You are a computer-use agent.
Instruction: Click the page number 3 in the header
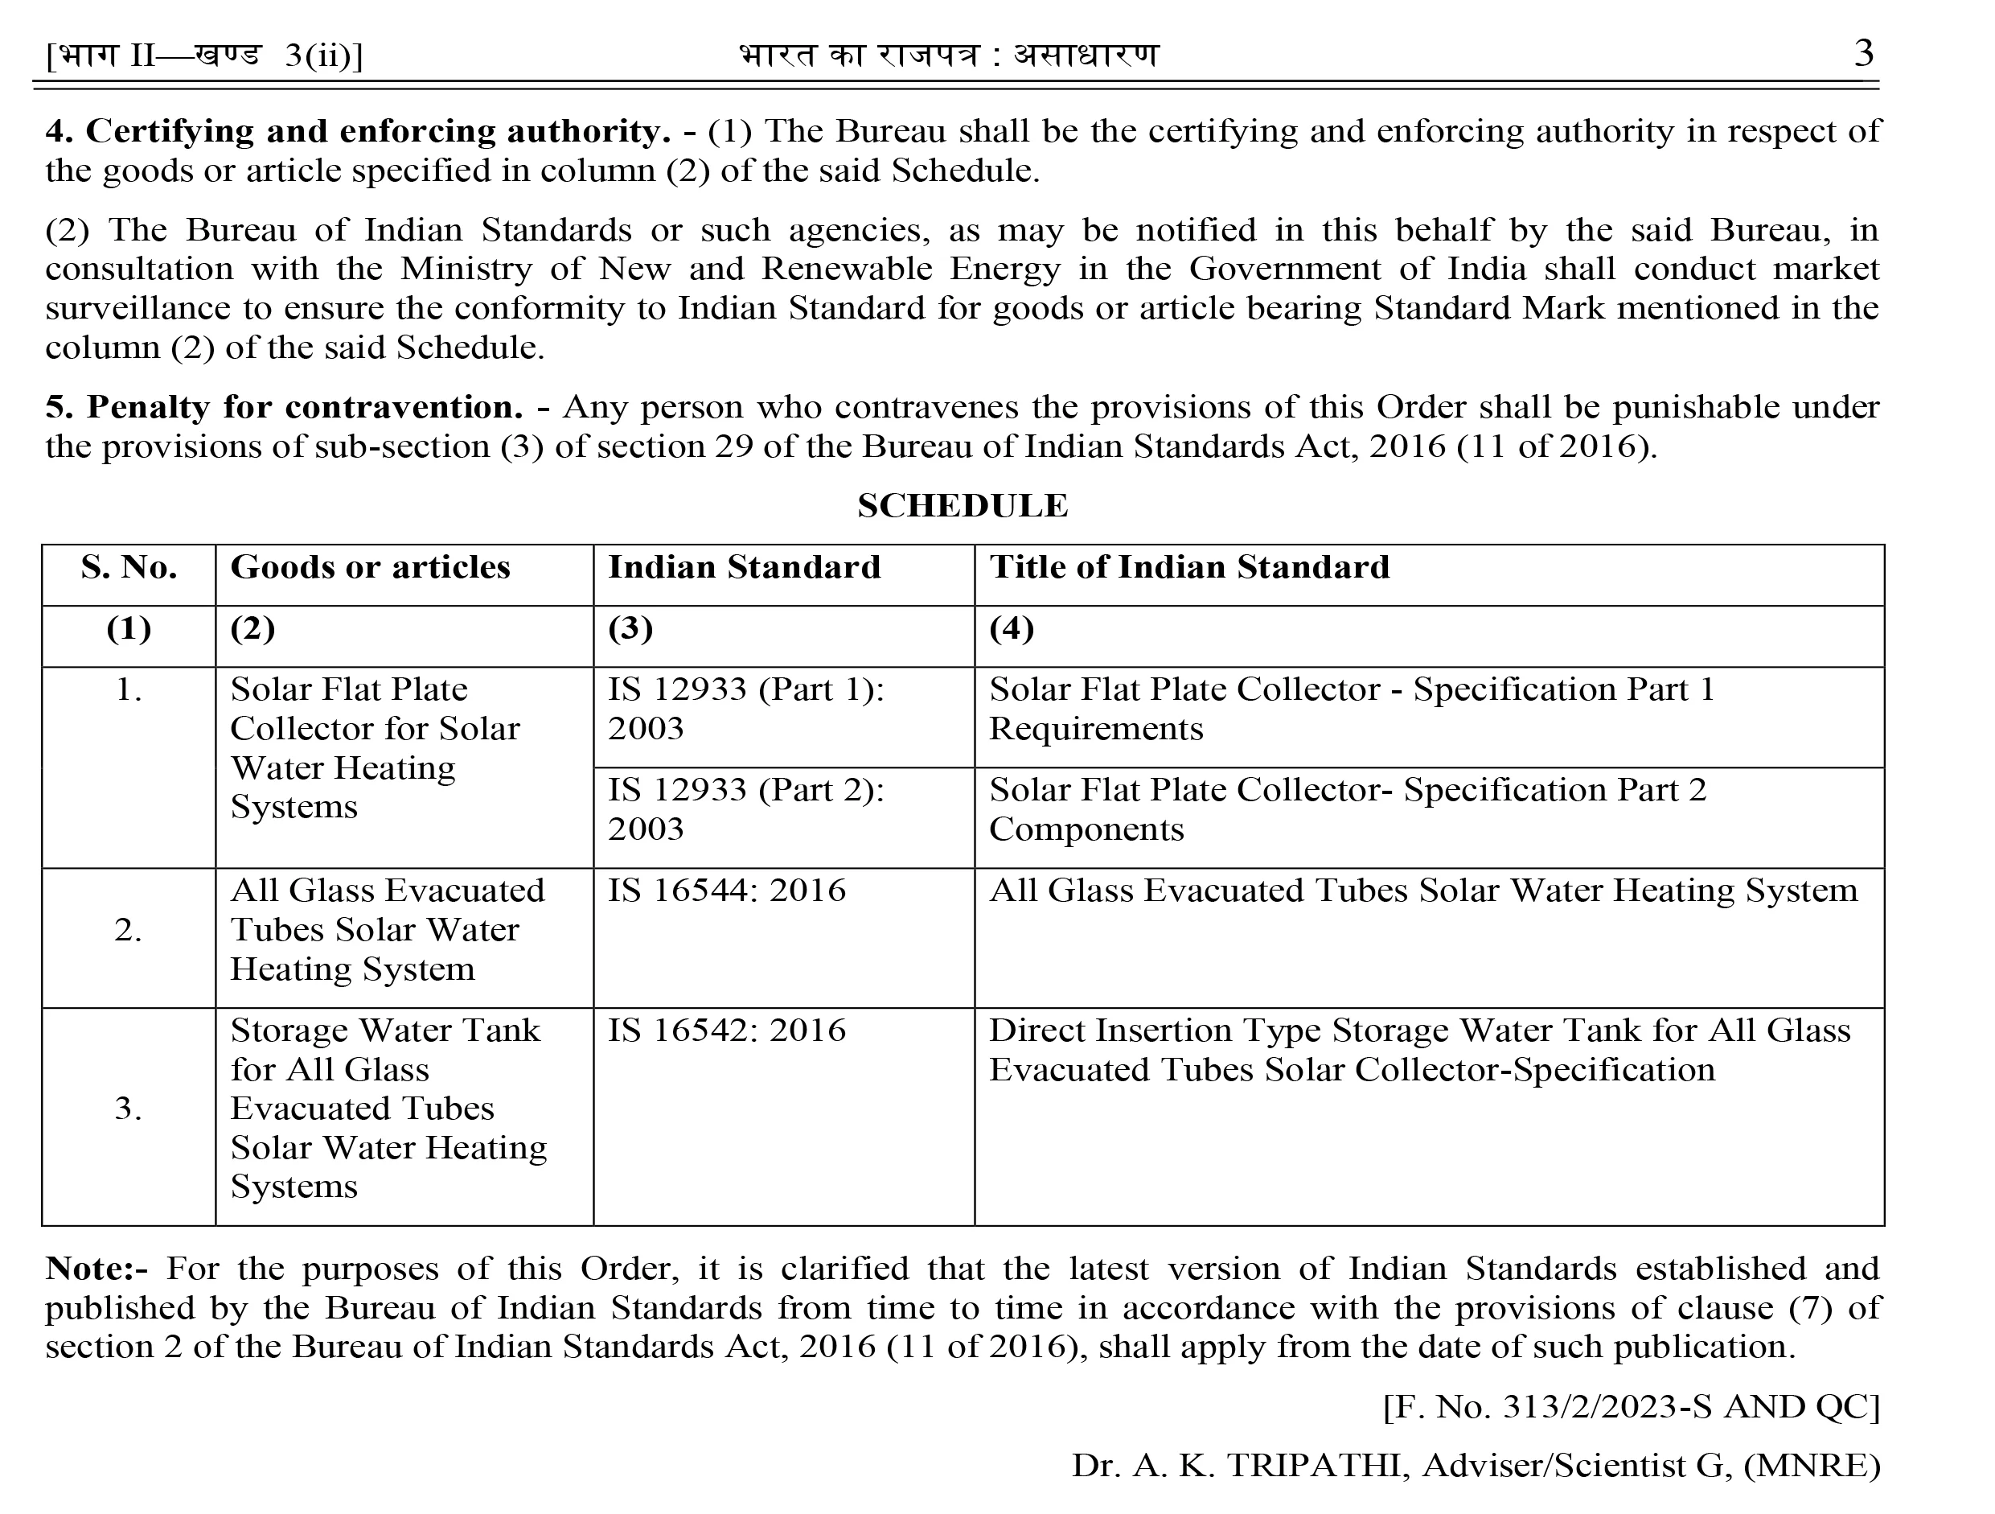[1863, 53]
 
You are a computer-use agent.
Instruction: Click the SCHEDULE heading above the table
[963, 506]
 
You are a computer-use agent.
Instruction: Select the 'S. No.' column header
[129, 567]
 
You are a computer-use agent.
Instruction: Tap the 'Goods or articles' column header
[370, 567]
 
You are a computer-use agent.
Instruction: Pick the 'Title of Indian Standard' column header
[1188, 567]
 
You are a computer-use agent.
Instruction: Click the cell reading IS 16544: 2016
[727, 891]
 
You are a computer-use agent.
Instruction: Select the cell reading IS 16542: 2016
[727, 1031]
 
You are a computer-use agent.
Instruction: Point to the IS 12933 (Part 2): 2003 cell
[746, 809]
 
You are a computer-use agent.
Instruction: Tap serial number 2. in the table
[128, 930]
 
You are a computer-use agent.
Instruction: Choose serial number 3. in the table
[128, 1109]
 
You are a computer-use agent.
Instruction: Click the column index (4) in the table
[1011, 629]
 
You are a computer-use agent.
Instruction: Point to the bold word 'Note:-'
[96, 1269]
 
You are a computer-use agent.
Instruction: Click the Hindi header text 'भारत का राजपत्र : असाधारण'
[948, 56]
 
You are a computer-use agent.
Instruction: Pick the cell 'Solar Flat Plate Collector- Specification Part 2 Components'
[1348, 809]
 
